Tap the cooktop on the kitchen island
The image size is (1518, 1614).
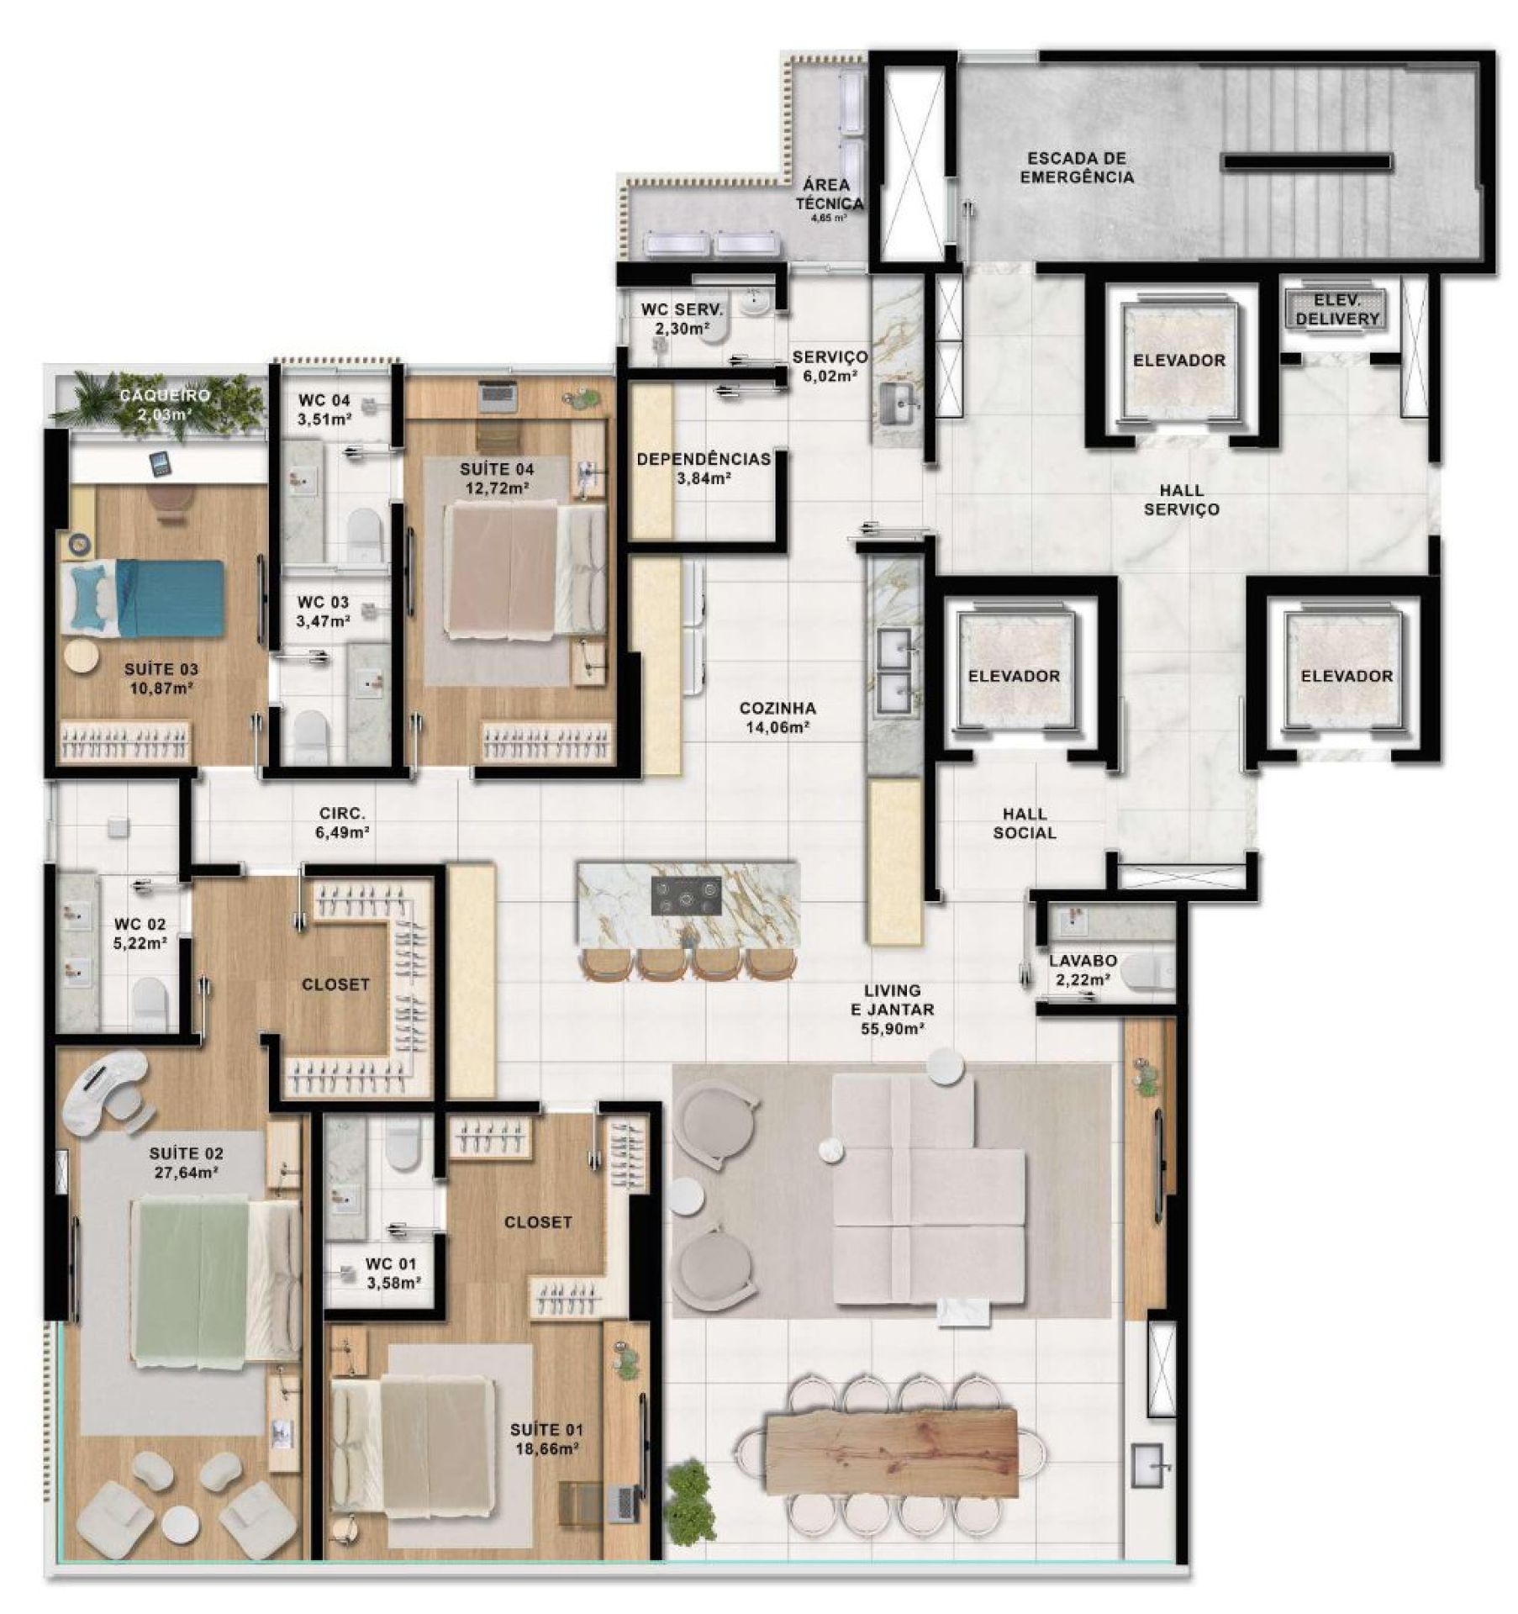point(687,895)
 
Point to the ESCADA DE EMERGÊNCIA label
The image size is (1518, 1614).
point(1076,167)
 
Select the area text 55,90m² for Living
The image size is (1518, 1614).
point(892,1028)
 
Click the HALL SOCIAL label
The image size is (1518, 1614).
point(1025,823)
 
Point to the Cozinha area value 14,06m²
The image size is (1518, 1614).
point(777,727)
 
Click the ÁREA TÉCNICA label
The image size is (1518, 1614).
point(829,194)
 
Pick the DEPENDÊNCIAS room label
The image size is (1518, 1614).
point(704,459)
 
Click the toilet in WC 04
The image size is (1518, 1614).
point(364,532)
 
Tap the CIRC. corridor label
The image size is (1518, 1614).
point(342,813)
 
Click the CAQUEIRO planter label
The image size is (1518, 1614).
point(165,395)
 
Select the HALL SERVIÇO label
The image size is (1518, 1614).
point(1182,499)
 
